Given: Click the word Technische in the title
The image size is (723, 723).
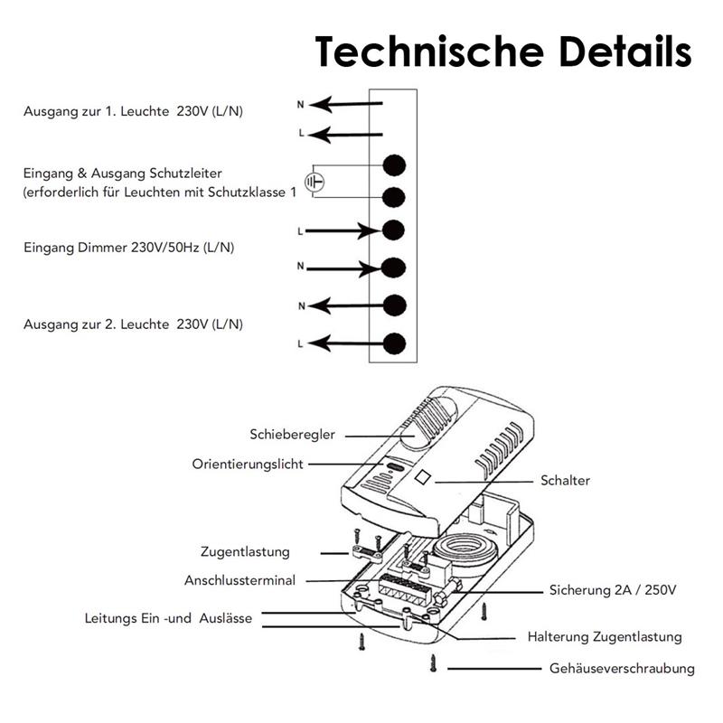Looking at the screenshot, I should pyautogui.click(x=426, y=52).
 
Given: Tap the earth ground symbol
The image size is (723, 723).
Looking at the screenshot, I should pyautogui.click(x=313, y=181).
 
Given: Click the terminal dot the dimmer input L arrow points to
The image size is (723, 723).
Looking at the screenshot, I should pyautogui.click(x=393, y=230).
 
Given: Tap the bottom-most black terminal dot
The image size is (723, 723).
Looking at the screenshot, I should pyautogui.click(x=393, y=343).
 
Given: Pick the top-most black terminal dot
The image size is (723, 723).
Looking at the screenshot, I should pyautogui.click(x=393, y=164).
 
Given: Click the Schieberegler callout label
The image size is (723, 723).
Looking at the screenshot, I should pyautogui.click(x=293, y=435).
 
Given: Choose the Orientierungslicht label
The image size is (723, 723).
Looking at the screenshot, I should pyautogui.click(x=248, y=464).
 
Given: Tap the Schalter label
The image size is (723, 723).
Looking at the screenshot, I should pyautogui.click(x=565, y=481).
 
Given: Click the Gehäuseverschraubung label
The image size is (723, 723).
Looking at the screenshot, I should pyautogui.click(x=622, y=669).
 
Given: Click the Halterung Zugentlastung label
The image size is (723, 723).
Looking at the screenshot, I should pyautogui.click(x=605, y=637).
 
